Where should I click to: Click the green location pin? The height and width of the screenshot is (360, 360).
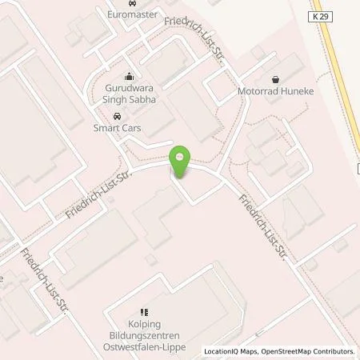coord(181,160)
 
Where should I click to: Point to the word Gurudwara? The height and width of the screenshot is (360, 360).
coord(130,88)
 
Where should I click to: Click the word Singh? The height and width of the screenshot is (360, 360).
coord(118,100)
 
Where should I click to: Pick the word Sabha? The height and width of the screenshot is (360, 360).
coord(142,100)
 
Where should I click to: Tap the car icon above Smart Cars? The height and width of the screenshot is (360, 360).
coord(118,116)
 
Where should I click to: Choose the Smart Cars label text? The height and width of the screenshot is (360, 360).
coord(118,128)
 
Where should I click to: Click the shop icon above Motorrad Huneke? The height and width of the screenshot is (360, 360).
coord(276,79)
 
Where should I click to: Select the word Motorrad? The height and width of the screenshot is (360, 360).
coord(256,92)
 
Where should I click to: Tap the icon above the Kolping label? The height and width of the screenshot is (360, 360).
coord(145,313)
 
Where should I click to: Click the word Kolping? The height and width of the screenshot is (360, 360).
coord(145,325)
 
